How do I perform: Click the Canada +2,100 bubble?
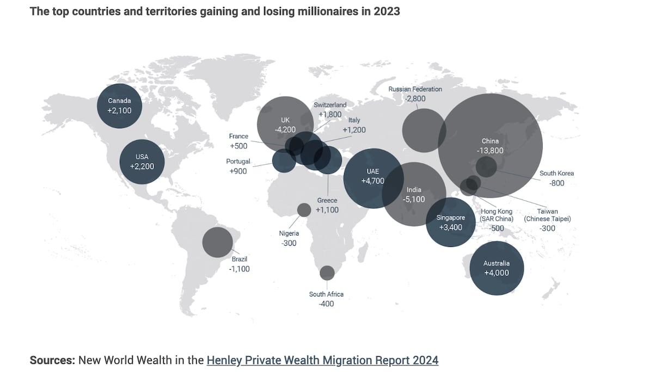[119, 106]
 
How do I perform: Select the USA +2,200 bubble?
[142, 162]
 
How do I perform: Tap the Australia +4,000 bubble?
[497, 268]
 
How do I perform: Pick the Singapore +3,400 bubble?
[450, 222]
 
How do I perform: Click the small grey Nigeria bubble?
[304, 209]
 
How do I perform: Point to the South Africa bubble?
[327, 272]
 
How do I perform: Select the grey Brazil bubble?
[217, 242]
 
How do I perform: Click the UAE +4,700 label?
[373, 176]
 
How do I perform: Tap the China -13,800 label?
[490, 146]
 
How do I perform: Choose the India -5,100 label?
[414, 195]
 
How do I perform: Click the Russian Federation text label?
[415, 89]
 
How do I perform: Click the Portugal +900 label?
[238, 166]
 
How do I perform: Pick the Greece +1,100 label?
[327, 205]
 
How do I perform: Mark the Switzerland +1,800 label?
[330, 109]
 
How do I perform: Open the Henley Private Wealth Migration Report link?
[322, 360]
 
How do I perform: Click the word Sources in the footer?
[52, 360]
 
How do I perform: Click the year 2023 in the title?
[387, 11]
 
